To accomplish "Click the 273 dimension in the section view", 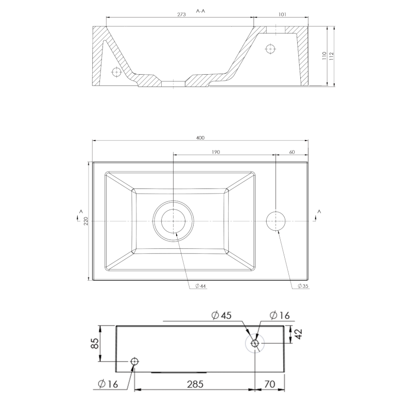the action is pyautogui.click(x=181, y=14).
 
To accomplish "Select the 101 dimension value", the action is pyautogui.click(x=282, y=14).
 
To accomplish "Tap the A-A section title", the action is pyautogui.click(x=200, y=11).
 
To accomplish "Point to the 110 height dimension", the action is pyautogui.click(x=324, y=56).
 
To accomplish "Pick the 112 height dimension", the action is pyautogui.click(x=331, y=56).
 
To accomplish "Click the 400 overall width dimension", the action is pyautogui.click(x=200, y=138).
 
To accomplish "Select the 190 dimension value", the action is pyautogui.click(x=215, y=152).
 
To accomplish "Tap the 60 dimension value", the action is pyautogui.click(x=292, y=152).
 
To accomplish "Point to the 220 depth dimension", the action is pyautogui.click(x=85, y=221).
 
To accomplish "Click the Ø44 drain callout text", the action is pyautogui.click(x=200, y=286).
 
